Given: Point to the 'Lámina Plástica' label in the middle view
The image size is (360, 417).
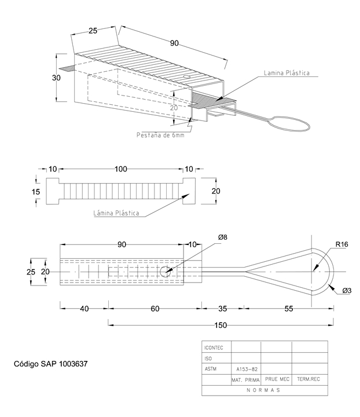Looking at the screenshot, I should (116, 213).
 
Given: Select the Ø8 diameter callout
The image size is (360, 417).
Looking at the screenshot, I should (223, 238).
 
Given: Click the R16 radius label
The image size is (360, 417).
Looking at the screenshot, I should (342, 244).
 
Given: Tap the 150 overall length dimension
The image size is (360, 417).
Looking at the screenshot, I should (219, 325).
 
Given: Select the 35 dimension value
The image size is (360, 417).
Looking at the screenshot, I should (222, 309).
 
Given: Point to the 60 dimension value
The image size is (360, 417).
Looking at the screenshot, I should (155, 309).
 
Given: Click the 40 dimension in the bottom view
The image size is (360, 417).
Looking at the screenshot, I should (84, 309).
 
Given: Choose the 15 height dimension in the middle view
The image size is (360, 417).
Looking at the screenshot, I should (36, 191).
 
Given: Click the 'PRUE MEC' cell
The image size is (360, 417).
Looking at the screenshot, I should (276, 379).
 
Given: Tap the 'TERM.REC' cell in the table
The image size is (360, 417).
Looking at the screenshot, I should (308, 379).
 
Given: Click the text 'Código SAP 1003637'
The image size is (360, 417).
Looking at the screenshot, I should (50, 365).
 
